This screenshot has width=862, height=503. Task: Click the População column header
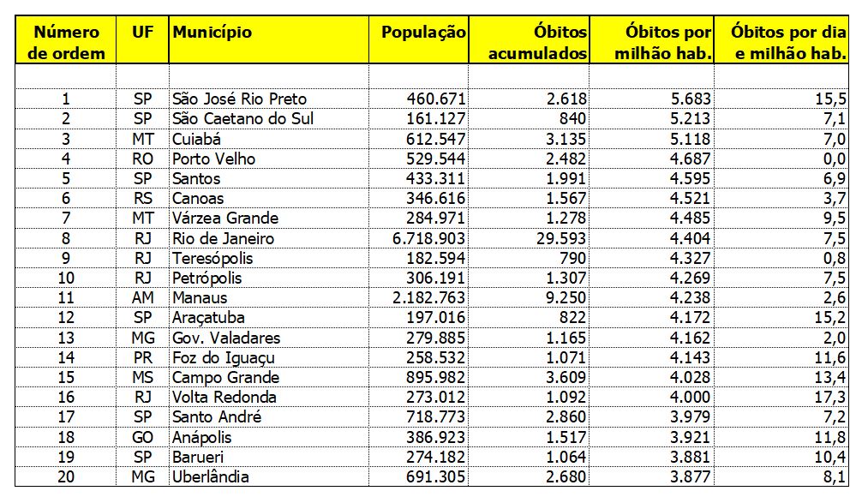pos(423,33)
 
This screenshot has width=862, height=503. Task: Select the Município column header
pos(213,33)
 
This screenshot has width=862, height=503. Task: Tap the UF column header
pos(142,33)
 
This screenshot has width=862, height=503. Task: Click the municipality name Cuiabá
pos(196,139)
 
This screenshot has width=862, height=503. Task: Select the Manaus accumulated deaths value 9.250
pos(561,298)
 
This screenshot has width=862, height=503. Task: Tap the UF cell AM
pos(142,298)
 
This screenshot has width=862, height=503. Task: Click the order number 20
pos(66,477)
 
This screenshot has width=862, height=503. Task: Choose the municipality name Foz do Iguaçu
pos(223,358)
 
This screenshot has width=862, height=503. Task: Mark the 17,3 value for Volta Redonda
pos(831,398)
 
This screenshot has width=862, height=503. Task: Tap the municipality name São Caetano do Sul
pos(242,118)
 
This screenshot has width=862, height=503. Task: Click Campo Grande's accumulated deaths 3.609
pos(562,378)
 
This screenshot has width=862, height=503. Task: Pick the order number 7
pos(66,219)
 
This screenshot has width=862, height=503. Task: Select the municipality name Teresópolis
pos(210,258)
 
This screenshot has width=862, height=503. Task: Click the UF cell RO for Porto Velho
pos(142,159)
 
